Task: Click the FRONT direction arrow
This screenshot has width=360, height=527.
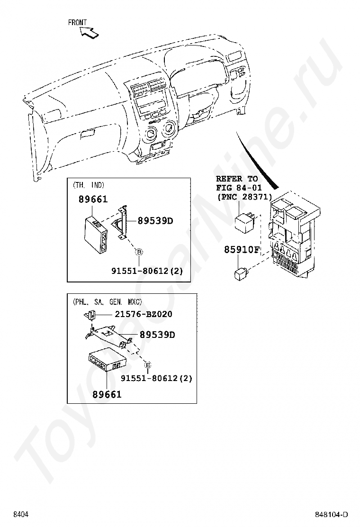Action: pos(89,33)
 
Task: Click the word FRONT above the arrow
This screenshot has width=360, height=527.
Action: pos(77,23)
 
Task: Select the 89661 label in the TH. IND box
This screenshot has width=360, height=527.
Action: pos(93,200)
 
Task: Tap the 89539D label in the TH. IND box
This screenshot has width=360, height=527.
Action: pos(155,221)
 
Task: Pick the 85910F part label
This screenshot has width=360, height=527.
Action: pos(242,250)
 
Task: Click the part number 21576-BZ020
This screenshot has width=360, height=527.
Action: pos(144,314)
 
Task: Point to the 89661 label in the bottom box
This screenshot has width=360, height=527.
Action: pos(107,394)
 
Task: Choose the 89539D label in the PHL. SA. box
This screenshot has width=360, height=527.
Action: pos(157,335)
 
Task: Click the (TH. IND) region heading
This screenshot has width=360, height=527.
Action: pos(89,185)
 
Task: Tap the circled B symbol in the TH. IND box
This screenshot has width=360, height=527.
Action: pos(138,252)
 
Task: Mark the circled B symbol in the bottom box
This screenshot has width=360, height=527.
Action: pos(147,364)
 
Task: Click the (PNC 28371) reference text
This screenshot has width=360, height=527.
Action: pos(244,197)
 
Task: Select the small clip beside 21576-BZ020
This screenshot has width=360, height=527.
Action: pos(90,315)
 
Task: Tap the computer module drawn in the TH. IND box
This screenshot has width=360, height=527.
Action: pos(96,234)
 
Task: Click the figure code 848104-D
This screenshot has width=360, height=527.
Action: pos(332,515)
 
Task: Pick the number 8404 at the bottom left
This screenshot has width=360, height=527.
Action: pos(21,515)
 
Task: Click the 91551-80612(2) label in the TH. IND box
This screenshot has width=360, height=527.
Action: pos(147,271)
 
